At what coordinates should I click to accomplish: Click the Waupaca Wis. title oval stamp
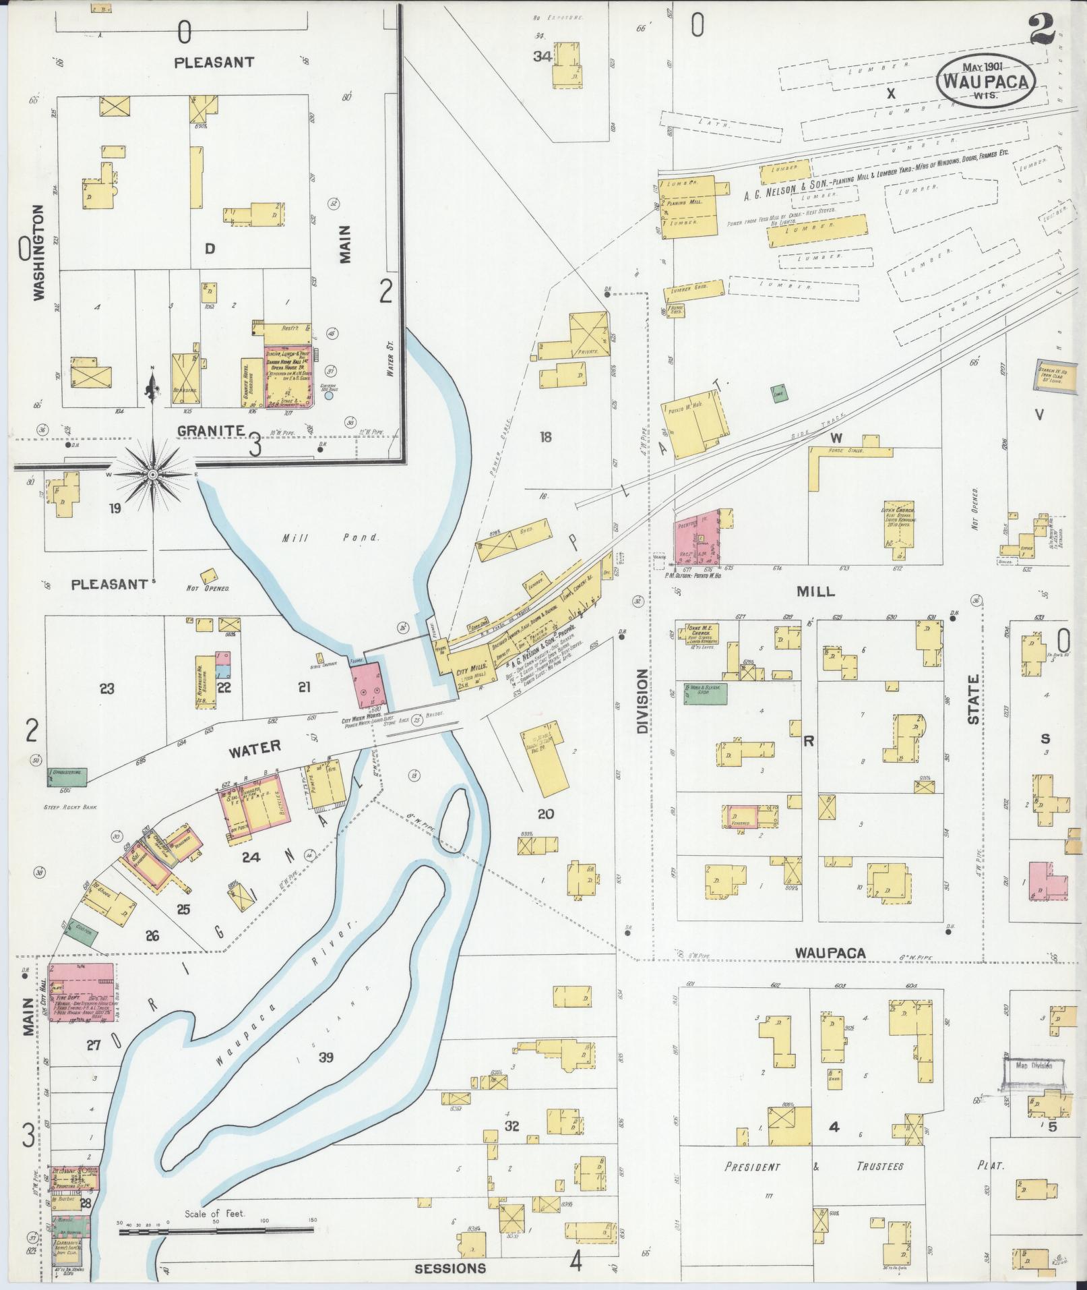pyautogui.click(x=985, y=80)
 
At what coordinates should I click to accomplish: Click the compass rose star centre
pyautogui.click(x=153, y=475)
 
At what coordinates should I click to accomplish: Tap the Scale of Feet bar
pyautogui.click(x=216, y=1231)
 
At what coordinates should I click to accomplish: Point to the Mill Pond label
pyautogui.click(x=331, y=538)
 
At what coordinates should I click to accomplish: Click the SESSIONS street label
pyautogui.click(x=450, y=1268)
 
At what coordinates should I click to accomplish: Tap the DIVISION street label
pyautogui.click(x=642, y=701)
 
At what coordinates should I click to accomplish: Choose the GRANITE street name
pyautogui.click(x=210, y=430)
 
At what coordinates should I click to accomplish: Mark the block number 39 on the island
pyautogui.click(x=325, y=1076)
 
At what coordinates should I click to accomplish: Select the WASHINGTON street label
pyautogui.click(x=38, y=252)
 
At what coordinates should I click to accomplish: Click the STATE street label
pyautogui.click(x=974, y=700)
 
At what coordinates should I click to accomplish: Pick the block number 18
pyautogui.click(x=545, y=437)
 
